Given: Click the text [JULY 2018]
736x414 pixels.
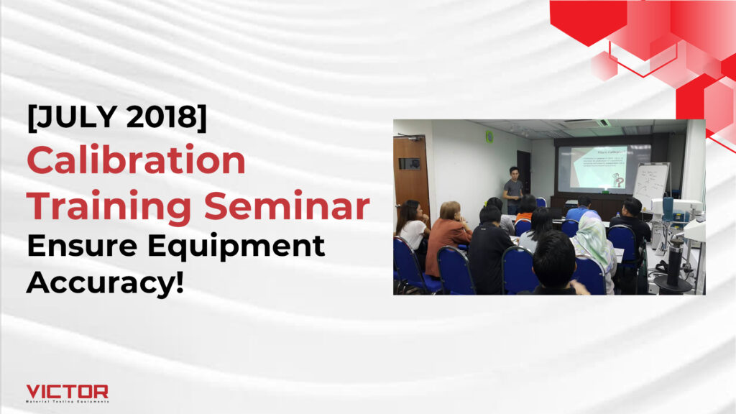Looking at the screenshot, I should coord(116,118).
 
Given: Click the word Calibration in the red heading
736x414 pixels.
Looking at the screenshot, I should coord(137,160).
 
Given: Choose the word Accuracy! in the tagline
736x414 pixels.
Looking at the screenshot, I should coord(105,282).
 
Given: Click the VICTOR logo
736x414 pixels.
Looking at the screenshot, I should coord(67,392).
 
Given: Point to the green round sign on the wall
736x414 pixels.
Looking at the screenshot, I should coord(489,136).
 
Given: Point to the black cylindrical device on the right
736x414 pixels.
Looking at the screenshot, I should coord(675,262).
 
